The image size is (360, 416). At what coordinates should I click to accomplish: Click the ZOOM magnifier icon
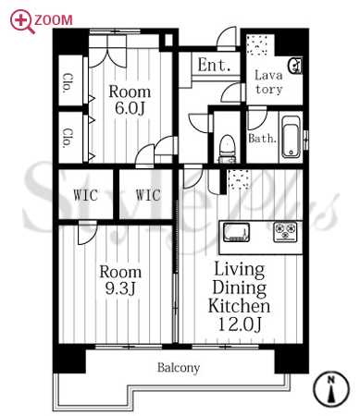pyautogui.click(x=21, y=21)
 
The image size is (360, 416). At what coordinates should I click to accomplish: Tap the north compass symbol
pyautogui.click(x=331, y=389)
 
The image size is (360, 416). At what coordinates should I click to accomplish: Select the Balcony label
pyautogui.click(x=179, y=368)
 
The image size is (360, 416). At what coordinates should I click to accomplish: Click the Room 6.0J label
pyautogui.click(x=130, y=100)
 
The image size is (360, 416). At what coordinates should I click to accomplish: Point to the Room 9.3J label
pyautogui.click(x=120, y=280)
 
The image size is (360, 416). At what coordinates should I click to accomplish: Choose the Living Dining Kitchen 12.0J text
pyautogui.click(x=239, y=296)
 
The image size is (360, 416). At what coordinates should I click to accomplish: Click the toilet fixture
pyautogui.click(x=227, y=149)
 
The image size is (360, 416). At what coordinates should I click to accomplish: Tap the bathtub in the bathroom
pyautogui.click(x=292, y=137)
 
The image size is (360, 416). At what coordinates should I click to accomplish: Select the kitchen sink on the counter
pyautogui.click(x=236, y=232)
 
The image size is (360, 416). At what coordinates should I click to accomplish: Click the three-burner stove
pyautogui.click(x=285, y=231)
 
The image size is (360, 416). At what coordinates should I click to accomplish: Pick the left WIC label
pyautogui.click(x=85, y=195)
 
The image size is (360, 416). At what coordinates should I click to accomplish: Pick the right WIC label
pyautogui.click(x=148, y=195)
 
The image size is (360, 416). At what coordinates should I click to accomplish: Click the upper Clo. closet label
pyautogui.click(x=68, y=83)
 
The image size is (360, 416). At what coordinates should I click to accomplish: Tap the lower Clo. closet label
pyautogui.click(x=68, y=139)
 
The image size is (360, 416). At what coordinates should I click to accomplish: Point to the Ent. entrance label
pyautogui.click(x=214, y=65)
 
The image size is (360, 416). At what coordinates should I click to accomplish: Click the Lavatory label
pyautogui.click(x=268, y=82)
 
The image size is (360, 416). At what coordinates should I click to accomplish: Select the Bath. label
pyautogui.click(x=262, y=139)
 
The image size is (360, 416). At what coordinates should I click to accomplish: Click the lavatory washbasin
pyautogui.click(x=295, y=66)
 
